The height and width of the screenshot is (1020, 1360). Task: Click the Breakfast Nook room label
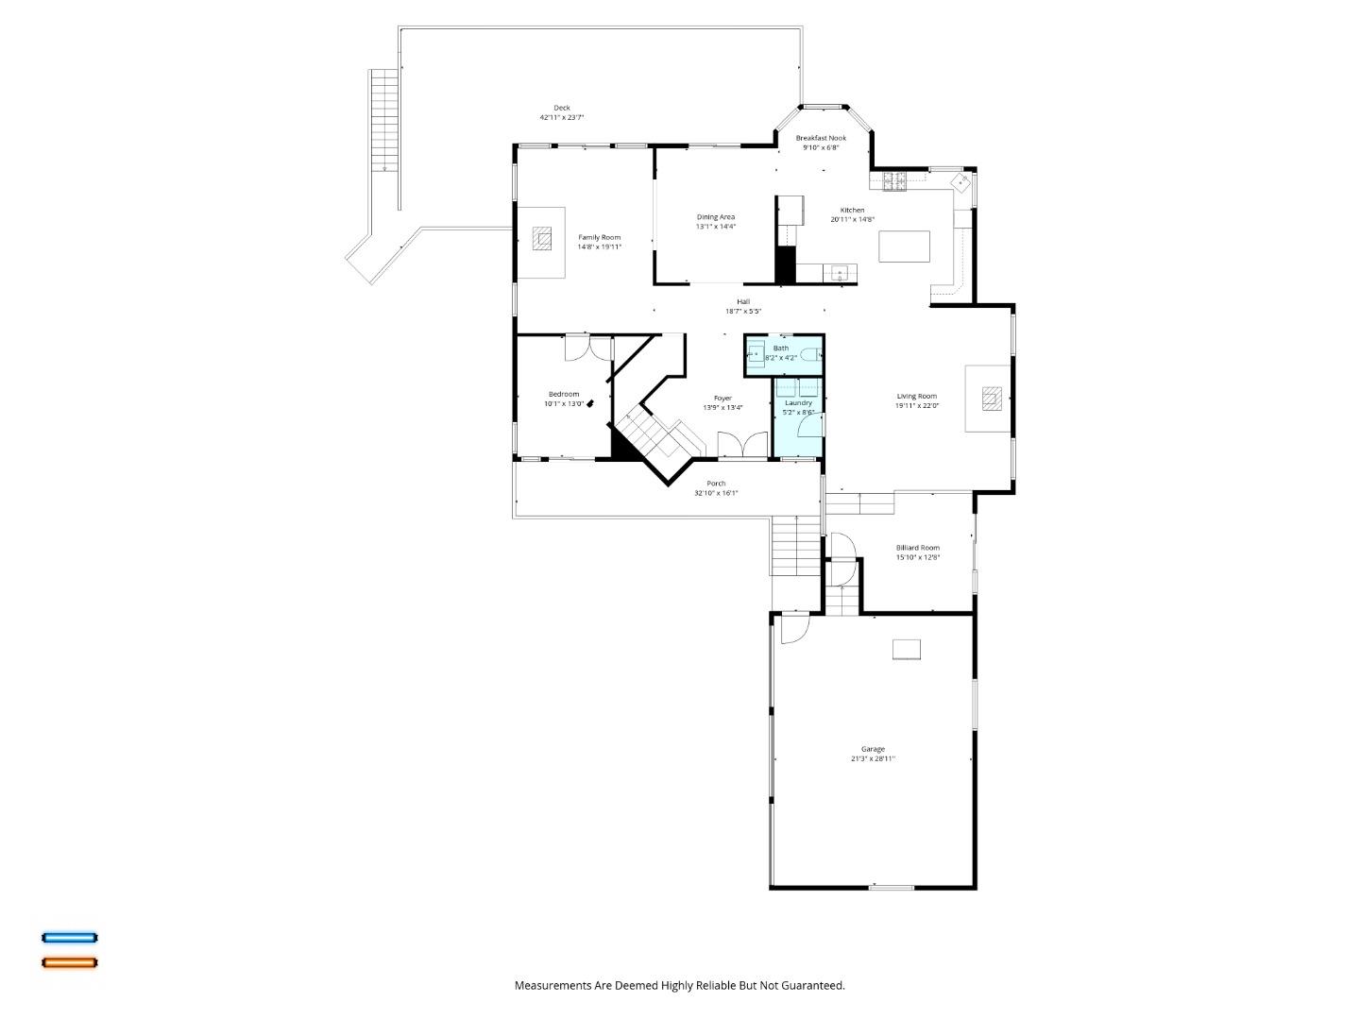(x=820, y=138)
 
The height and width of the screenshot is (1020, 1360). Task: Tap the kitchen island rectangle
(x=904, y=246)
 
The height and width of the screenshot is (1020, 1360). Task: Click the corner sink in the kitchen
(x=960, y=181)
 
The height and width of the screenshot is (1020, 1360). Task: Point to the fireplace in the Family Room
(x=541, y=238)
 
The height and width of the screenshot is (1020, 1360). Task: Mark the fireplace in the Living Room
(x=990, y=399)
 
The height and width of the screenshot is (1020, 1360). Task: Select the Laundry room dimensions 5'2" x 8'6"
(x=798, y=412)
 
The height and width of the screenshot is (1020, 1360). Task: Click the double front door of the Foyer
(x=742, y=445)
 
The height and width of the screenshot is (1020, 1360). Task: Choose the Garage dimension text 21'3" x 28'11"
(x=872, y=758)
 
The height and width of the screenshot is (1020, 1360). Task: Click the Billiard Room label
(x=917, y=548)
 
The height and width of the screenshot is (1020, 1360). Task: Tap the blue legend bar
(x=69, y=938)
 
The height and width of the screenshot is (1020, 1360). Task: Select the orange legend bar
(x=69, y=962)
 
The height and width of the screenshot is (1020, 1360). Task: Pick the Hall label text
(x=743, y=301)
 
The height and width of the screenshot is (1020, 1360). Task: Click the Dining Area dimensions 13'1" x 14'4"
(x=715, y=227)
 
